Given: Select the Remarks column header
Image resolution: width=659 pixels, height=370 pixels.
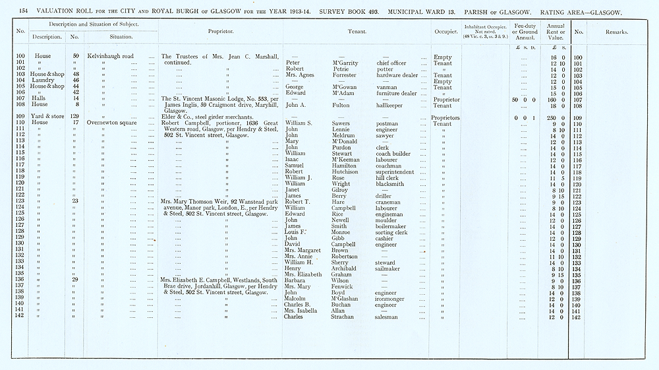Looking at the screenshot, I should [x=617, y=31].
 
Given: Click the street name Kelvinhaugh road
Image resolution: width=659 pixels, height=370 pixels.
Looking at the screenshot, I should [x=111, y=57].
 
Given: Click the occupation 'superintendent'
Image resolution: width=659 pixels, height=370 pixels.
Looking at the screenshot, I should [x=397, y=171].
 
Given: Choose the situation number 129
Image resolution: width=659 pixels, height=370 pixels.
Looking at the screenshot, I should [x=75, y=117].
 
